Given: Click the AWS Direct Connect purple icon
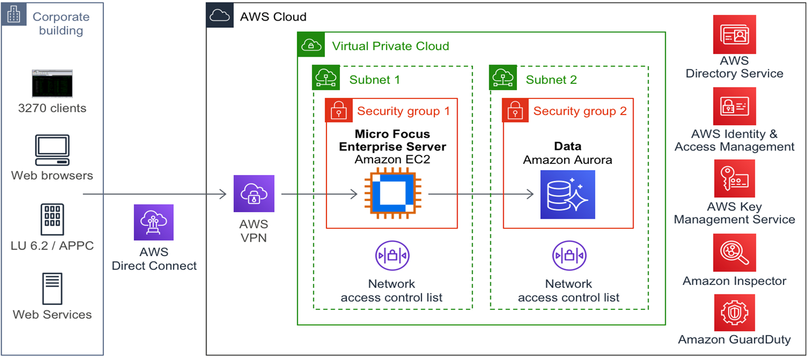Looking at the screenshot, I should [x=154, y=222].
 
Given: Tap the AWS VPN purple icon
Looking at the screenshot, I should [x=254, y=194].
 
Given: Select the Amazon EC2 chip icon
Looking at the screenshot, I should [x=392, y=194].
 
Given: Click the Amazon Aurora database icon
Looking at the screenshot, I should [x=567, y=194].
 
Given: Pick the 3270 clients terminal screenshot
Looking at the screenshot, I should [x=52, y=83].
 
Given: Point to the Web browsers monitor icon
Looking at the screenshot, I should [x=52, y=150].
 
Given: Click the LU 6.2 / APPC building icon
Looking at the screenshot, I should [x=52, y=219].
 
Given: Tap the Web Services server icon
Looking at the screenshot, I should [x=52, y=288].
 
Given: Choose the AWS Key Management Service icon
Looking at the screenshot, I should [x=734, y=179].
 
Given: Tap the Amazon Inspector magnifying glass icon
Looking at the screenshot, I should [x=734, y=253].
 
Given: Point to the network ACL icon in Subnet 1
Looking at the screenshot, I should [x=392, y=256].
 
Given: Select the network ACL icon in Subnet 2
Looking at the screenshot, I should [x=569, y=256].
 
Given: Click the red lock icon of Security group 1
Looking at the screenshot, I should [x=338, y=111].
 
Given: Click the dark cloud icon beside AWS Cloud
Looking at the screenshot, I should [x=220, y=16].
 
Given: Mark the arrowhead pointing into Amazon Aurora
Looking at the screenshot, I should [x=530, y=194].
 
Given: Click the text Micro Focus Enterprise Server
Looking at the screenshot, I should [x=392, y=141].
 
